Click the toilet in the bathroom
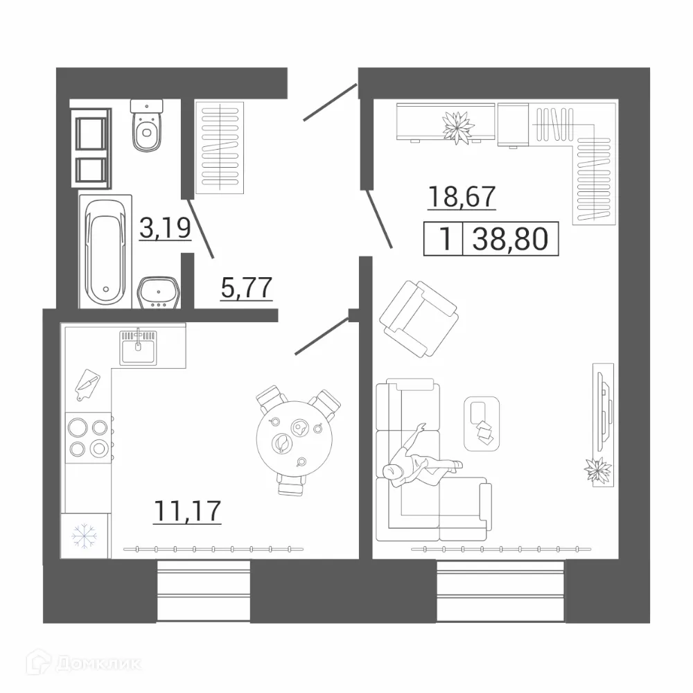tap(147, 128)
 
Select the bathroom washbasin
tap(159, 294)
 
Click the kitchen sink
tap(139, 347)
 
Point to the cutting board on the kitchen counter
tap(87, 385)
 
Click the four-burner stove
tap(88, 438)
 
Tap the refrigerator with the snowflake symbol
tap(85, 535)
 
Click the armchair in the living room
tap(419, 318)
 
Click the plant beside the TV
tap(597, 471)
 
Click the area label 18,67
tap(462, 197)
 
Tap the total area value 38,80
tap(510, 240)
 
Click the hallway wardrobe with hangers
tap(220, 146)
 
